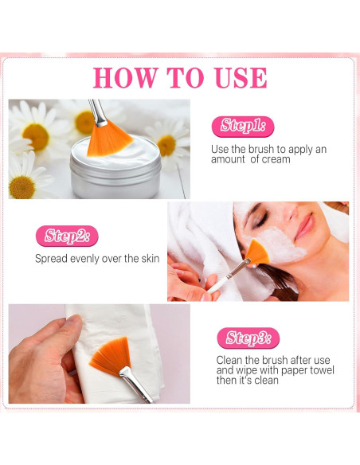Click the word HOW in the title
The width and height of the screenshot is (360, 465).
coord(125,78)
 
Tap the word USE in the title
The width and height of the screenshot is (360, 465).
coord(241,78)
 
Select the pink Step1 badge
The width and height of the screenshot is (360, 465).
coord(243,127)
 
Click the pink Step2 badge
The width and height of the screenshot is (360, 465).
coord(67,236)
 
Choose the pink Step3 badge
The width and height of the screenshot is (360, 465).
coord(248,338)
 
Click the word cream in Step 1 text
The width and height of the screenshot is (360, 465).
coord(276,159)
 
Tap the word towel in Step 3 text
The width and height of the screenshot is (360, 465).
coord(322,370)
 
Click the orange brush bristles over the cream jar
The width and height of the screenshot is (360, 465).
coord(108,139)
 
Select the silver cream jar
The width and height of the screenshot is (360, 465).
coord(115,169)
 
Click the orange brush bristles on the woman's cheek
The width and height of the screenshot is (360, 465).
coord(258,252)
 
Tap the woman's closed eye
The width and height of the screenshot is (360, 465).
coord(261,220)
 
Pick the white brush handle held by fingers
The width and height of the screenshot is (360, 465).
coord(219,284)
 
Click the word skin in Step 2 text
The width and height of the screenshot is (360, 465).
coord(150,259)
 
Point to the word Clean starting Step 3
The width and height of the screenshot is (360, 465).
coord(229,361)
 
